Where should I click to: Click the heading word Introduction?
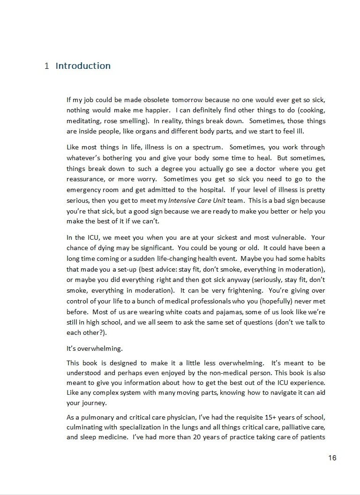pyautogui.click(x=83, y=66)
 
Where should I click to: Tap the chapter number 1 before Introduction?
pyautogui.click(x=47, y=66)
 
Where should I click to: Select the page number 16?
pyautogui.click(x=332, y=458)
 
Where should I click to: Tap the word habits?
pyautogui.click(x=315, y=258)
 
